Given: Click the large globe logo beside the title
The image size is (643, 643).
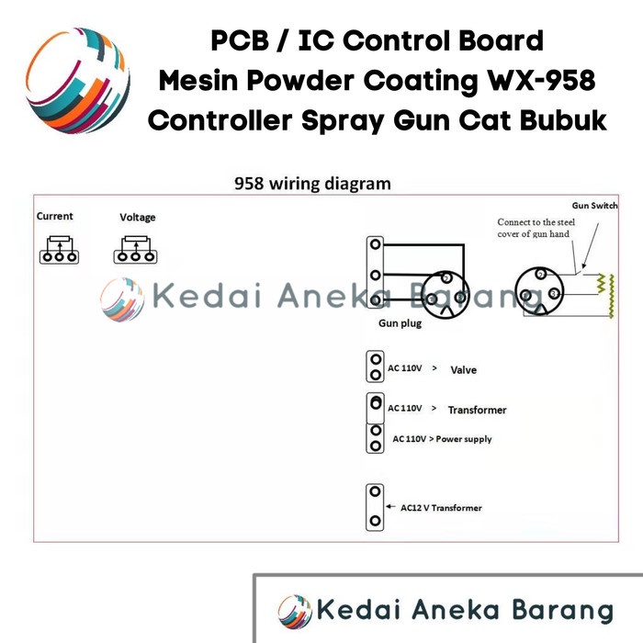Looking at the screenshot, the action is point(78,81).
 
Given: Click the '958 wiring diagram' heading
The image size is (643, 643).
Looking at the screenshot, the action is point(312,184).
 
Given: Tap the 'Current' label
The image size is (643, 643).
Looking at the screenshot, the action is point(54,216).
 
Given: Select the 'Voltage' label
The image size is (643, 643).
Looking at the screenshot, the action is point(138,218).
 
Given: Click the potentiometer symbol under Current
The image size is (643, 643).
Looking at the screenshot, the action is point(59,250).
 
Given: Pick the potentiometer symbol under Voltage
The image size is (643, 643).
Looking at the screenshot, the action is point(135,250).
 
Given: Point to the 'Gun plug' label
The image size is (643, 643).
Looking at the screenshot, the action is point(400,323).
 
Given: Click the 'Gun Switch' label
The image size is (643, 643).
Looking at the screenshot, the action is point(594,206).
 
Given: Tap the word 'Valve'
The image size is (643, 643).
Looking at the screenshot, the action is point(463,370).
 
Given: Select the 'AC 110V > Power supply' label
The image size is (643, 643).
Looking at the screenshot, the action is point(442,439).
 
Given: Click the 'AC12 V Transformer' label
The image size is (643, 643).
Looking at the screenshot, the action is point(441,508).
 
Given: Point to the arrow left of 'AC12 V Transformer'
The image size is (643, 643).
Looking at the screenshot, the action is point(390,507).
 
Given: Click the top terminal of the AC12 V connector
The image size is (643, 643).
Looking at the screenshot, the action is point(375,491).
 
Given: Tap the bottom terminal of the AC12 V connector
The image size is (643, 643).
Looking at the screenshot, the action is point(375,521).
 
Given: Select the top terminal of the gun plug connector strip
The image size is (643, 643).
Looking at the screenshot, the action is point(375,244).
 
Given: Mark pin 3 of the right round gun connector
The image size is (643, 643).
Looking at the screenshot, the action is point(554,294).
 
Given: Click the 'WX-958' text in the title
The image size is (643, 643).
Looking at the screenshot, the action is point(541,80).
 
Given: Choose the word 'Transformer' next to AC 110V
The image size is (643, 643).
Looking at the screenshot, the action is point(478,410).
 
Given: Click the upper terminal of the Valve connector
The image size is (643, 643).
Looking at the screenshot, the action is point(376,360).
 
